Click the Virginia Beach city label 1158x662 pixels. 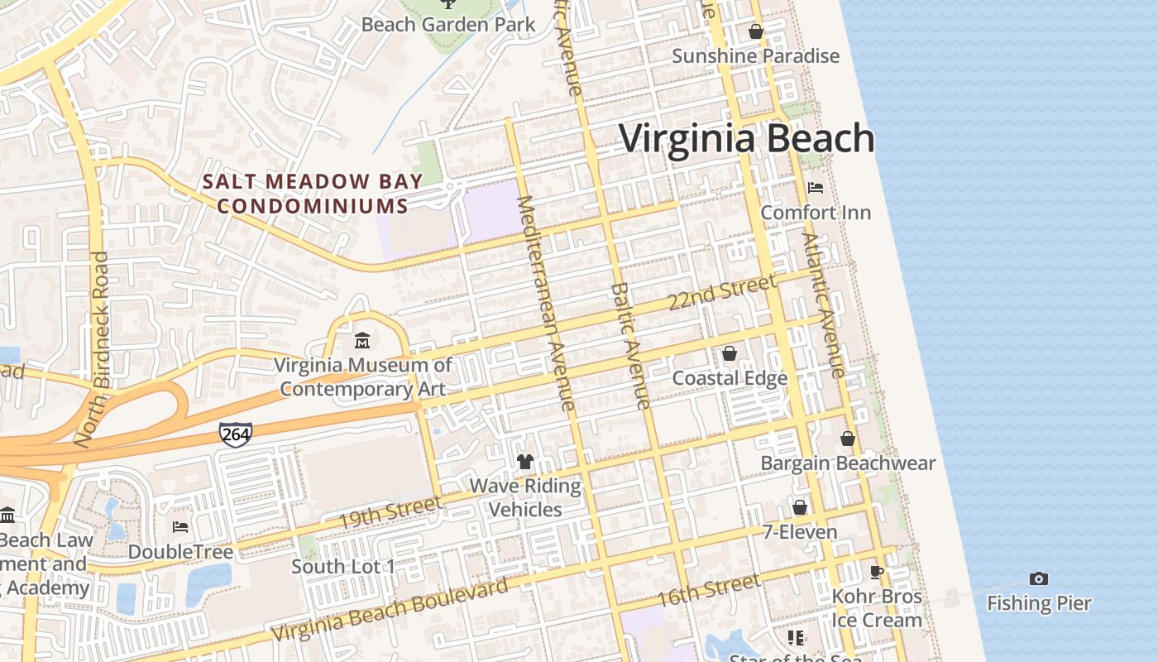tap(747, 138)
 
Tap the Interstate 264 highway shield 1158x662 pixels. tap(236, 433)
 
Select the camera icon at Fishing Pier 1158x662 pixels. tap(1039, 578)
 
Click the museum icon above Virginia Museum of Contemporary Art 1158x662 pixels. tap(362, 340)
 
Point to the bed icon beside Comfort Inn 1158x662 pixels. tap(815, 188)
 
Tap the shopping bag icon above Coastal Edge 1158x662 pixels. tap(730, 353)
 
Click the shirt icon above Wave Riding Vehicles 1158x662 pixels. tap(525, 461)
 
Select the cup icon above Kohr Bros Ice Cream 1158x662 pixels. tap(877, 572)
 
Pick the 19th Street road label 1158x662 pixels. tap(390, 513)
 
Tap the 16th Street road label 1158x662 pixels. tap(708, 591)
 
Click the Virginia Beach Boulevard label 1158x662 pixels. tap(390, 611)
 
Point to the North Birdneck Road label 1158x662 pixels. tap(91, 349)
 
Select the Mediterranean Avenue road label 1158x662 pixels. tap(545, 303)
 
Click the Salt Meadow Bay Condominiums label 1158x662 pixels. tap(313, 194)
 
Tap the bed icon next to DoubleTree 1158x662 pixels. tap(180, 527)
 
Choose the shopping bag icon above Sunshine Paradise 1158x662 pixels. tap(755, 32)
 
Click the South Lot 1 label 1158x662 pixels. tap(343, 567)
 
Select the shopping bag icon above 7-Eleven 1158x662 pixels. tap(800, 507)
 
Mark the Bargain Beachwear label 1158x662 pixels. tap(848, 463)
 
